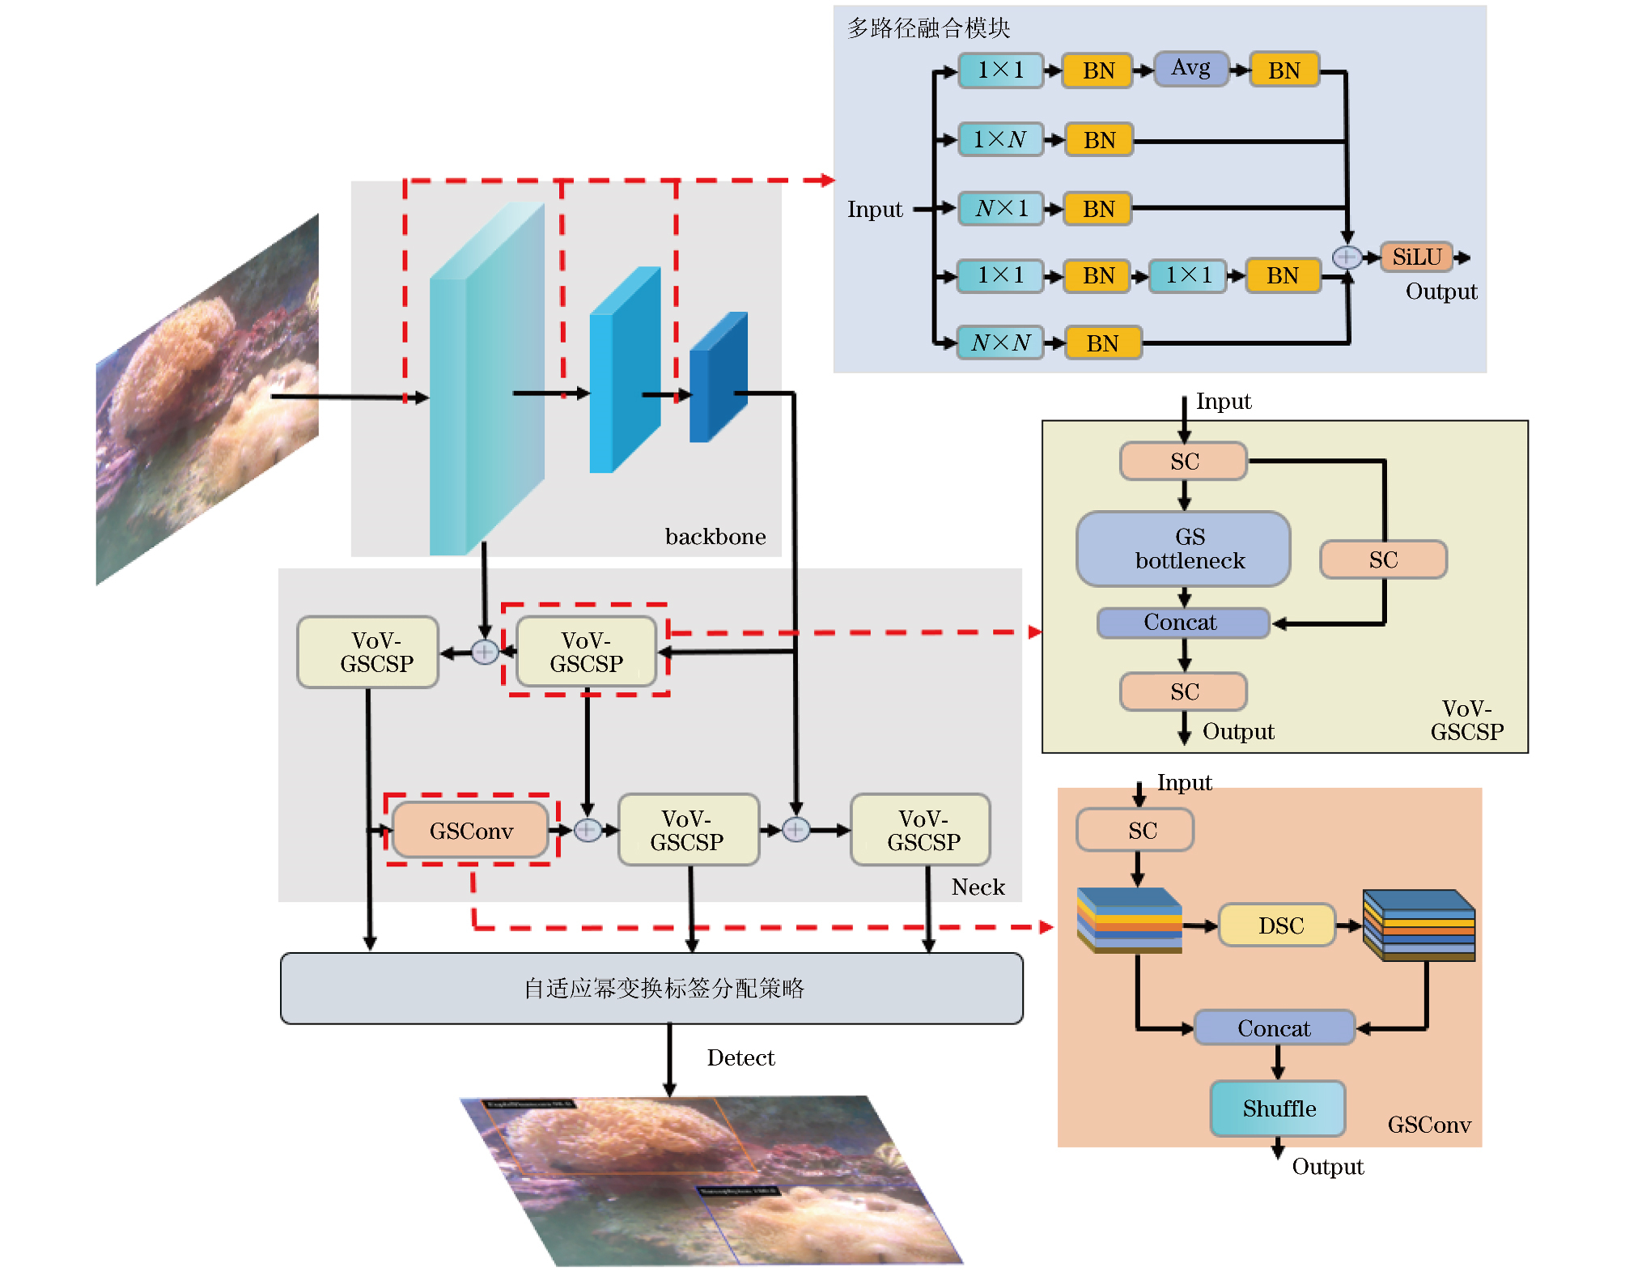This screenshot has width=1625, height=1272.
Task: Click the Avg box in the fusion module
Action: [1190, 69]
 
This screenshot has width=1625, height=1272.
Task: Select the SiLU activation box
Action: [1416, 257]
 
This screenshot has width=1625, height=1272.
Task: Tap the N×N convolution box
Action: [1000, 343]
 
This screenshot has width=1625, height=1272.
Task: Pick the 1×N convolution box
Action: [1000, 140]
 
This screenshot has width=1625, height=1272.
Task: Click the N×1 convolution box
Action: [1000, 209]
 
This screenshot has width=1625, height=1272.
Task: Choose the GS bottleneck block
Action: [1183, 549]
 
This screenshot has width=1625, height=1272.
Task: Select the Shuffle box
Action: [1278, 1108]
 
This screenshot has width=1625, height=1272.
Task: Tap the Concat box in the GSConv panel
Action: [1274, 1028]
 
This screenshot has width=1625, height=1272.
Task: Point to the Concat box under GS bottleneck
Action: [1183, 623]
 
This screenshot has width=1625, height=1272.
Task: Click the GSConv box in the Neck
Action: [471, 831]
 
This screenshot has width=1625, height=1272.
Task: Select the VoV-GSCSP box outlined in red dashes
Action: [586, 652]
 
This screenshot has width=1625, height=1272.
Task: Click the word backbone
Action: [715, 537]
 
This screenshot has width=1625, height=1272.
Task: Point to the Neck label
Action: [978, 887]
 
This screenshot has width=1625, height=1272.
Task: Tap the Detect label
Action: [740, 1058]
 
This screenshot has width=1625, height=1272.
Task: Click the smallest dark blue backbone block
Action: [718, 377]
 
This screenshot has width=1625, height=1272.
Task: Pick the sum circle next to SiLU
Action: [1347, 257]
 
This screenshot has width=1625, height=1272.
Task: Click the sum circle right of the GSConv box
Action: [588, 831]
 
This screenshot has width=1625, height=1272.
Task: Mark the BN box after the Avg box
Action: [1284, 70]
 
